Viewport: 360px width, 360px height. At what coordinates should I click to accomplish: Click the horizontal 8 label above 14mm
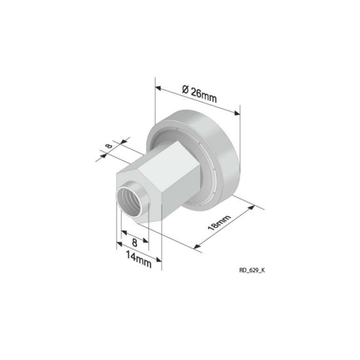[x=134, y=242]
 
